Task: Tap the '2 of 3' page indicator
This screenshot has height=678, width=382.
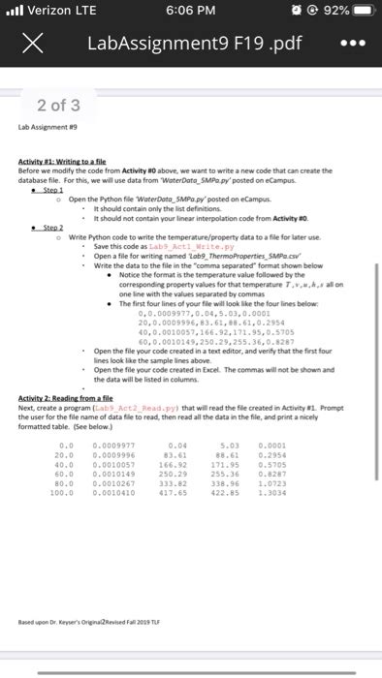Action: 59,104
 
